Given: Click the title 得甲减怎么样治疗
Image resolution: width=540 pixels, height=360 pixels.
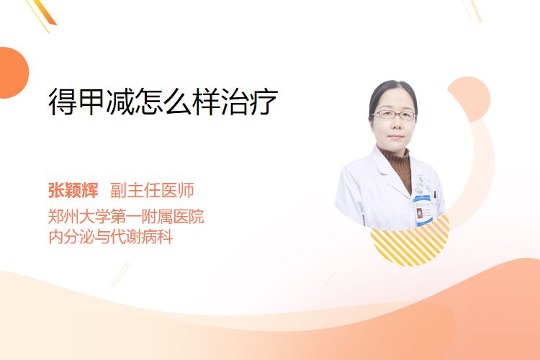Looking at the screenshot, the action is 163,102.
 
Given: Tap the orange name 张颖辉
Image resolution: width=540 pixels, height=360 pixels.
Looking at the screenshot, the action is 73,190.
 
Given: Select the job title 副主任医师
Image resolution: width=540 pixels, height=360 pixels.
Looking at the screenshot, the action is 152,190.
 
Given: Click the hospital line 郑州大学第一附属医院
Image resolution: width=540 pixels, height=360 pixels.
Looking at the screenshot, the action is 126,217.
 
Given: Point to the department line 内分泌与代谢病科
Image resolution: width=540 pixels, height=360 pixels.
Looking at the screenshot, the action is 111,237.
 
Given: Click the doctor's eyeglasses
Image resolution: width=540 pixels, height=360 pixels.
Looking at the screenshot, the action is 394,114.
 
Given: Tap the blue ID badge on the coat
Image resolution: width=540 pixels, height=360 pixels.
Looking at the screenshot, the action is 423,211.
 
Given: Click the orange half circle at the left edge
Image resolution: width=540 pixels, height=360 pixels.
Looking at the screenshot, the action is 13,73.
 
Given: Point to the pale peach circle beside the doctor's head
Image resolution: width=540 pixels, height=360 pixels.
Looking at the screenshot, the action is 469,99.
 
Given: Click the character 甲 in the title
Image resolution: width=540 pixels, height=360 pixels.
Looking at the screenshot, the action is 91,102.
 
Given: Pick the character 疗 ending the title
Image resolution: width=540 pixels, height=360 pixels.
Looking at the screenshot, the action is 264,102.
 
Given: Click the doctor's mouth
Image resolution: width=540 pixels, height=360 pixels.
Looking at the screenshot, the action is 396,137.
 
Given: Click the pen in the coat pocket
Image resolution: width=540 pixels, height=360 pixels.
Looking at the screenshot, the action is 434,194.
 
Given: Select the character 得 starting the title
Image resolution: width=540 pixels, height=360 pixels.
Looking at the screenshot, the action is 63,102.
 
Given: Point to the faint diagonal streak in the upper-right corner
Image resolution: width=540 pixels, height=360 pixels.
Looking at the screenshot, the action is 472,10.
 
